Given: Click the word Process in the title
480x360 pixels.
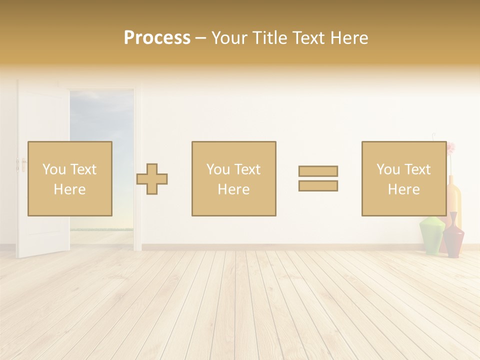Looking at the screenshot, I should point(157,38).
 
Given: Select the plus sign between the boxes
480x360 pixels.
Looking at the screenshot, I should point(152,179).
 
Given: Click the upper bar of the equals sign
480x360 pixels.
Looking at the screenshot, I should point(318,171).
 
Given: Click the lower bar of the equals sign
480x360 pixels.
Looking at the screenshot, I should point(318,186).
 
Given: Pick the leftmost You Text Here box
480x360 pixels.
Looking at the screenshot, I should point(69,179).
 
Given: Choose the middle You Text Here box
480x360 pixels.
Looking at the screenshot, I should point(233,179).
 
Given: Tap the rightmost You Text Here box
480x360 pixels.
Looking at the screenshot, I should point(403,179).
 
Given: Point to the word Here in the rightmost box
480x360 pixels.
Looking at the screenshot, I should point(403,189).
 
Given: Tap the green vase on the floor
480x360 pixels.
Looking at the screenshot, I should point(431,235).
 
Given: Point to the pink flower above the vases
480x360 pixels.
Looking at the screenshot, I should point(451,148).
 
